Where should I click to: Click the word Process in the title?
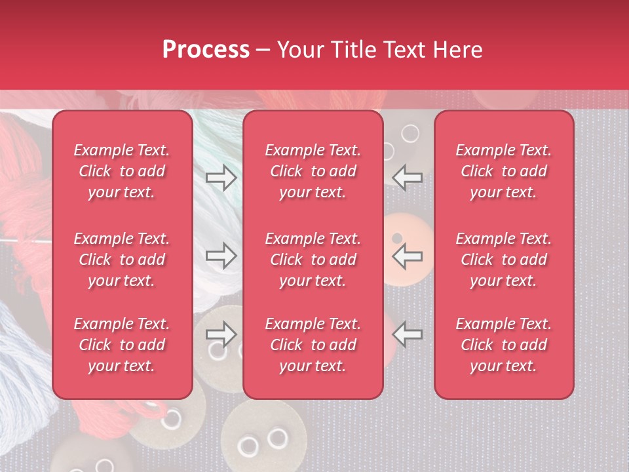pos(206,50)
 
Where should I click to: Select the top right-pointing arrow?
pos(221,177)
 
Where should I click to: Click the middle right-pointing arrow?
pos(221,256)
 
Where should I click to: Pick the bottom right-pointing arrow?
pos(221,334)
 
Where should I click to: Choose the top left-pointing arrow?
pos(408,177)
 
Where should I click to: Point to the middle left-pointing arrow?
pos(408,256)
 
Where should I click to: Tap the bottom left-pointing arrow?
pos(408,334)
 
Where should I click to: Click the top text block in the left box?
pos(122,171)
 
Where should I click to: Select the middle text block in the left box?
pos(122,260)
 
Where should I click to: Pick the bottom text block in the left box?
pos(122,345)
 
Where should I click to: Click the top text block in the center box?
pos(313,171)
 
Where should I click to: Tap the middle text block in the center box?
pos(313,260)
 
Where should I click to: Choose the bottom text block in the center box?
pos(313,345)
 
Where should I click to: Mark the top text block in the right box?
pos(503,171)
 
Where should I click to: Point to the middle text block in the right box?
pos(503,260)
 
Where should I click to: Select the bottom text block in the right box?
pos(503,345)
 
